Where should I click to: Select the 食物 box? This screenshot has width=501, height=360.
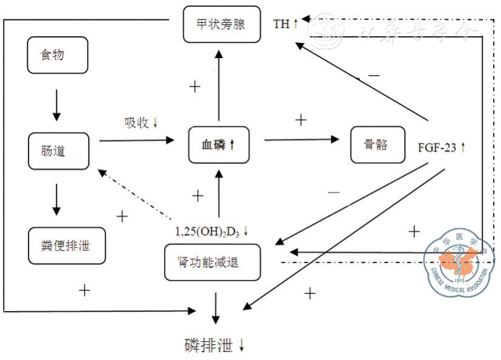pos(58,55)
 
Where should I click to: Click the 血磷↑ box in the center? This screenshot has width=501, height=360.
pos(218,145)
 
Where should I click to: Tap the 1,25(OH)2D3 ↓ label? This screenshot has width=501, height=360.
pos(212,231)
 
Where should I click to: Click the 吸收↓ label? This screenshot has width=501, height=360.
pos(141,122)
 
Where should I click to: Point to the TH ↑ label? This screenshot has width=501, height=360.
pos(286,24)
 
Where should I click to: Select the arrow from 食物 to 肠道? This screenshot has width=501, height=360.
pos(57,105)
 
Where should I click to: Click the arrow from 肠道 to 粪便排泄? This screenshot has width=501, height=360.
pos(57,199)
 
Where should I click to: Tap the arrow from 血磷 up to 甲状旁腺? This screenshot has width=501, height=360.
pos(219,85)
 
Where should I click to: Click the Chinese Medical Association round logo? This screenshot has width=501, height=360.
pos(459,262)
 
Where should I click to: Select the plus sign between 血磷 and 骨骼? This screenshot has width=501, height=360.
pos(301,120)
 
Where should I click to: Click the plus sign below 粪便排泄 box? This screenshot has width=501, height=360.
pos(85,290)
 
